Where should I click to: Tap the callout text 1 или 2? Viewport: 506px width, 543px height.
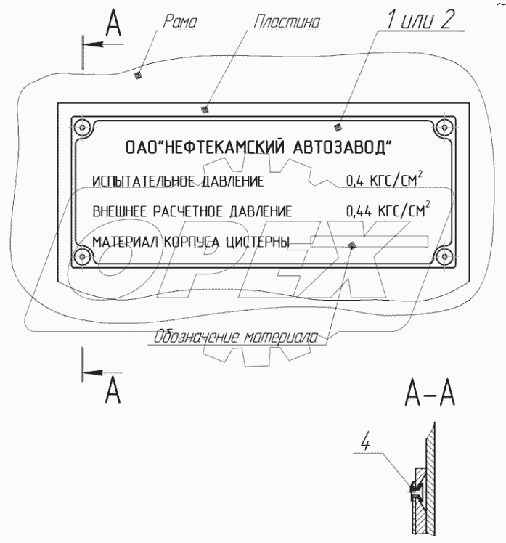point(420,20)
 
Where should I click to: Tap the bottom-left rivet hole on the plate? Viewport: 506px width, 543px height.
point(80,256)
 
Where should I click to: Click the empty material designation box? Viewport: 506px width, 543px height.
point(370,241)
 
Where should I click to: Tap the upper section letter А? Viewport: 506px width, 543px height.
point(113,23)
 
